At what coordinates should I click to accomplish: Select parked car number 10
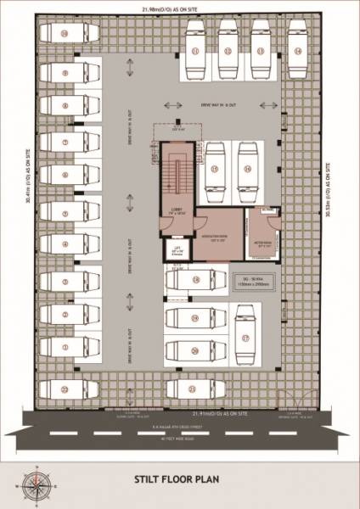click(x=66, y=35)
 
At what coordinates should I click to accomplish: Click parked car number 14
click(x=296, y=51)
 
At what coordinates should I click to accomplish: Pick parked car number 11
click(x=194, y=51)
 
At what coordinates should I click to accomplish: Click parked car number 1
click(x=66, y=347)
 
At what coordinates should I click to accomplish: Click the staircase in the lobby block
click(x=177, y=175)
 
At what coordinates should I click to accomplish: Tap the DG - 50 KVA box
click(x=255, y=279)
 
